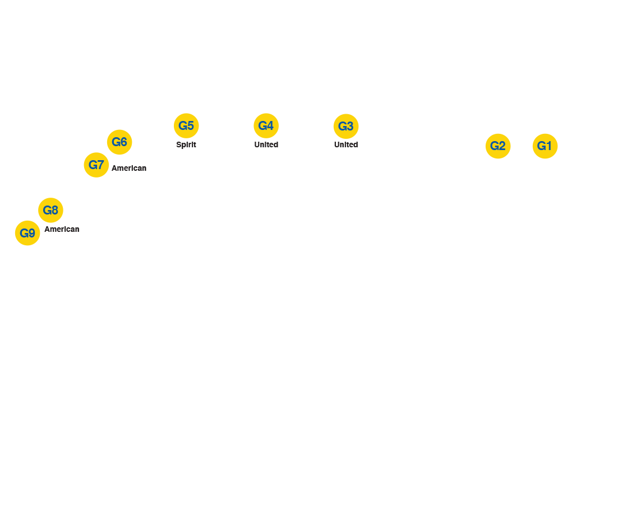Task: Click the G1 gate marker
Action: (545, 146)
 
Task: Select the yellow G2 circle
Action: (498, 146)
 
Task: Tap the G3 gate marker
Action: (346, 126)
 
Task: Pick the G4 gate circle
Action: (266, 125)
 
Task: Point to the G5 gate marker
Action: (186, 125)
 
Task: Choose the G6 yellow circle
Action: (119, 142)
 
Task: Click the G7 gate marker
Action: (96, 165)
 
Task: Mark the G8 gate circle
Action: (50, 211)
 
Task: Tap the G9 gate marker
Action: (27, 233)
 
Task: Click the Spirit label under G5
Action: (186, 144)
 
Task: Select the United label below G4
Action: (266, 144)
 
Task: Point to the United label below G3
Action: (346, 144)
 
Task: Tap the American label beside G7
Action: (129, 168)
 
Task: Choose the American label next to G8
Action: (62, 229)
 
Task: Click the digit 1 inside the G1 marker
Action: (550, 146)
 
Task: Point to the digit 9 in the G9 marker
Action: (32, 233)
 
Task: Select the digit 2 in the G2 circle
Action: (502, 146)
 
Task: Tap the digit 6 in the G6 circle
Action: (124, 142)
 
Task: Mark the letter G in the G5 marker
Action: (182, 125)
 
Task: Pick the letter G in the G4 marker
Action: (262, 125)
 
